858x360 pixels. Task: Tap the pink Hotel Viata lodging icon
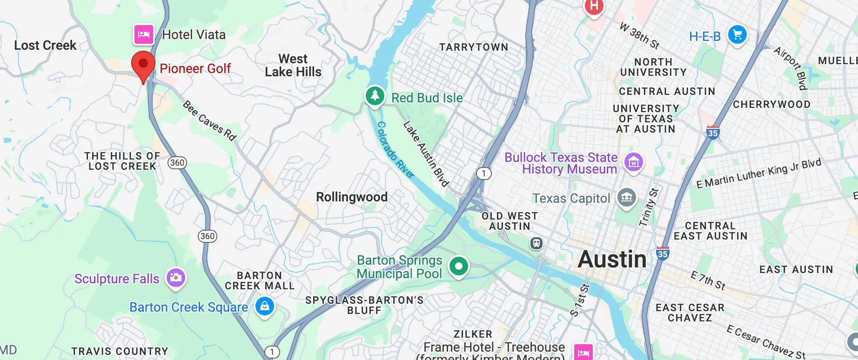pos(144,34)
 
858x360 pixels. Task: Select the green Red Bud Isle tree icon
pos(375,96)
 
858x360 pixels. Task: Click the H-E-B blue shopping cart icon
pos(737,34)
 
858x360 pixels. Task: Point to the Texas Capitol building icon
pos(627,197)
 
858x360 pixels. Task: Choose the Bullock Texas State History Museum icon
pos(633,162)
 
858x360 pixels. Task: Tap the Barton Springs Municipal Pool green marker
pos(458,267)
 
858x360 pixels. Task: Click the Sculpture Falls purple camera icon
pos(176,278)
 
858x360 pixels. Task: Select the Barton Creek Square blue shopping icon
pos(265,306)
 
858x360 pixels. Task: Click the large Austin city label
pos(612,259)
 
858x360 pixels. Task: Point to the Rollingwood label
pos(352,197)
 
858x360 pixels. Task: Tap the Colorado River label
pos(395,150)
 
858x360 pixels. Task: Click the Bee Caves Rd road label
pos(209,120)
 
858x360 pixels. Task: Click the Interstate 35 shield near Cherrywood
pos(713,133)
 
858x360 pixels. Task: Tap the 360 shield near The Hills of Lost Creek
pos(177,162)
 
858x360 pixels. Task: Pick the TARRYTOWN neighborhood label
pos(474,47)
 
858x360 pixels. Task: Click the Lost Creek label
pos(45,45)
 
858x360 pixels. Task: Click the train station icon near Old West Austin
pos(536,243)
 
